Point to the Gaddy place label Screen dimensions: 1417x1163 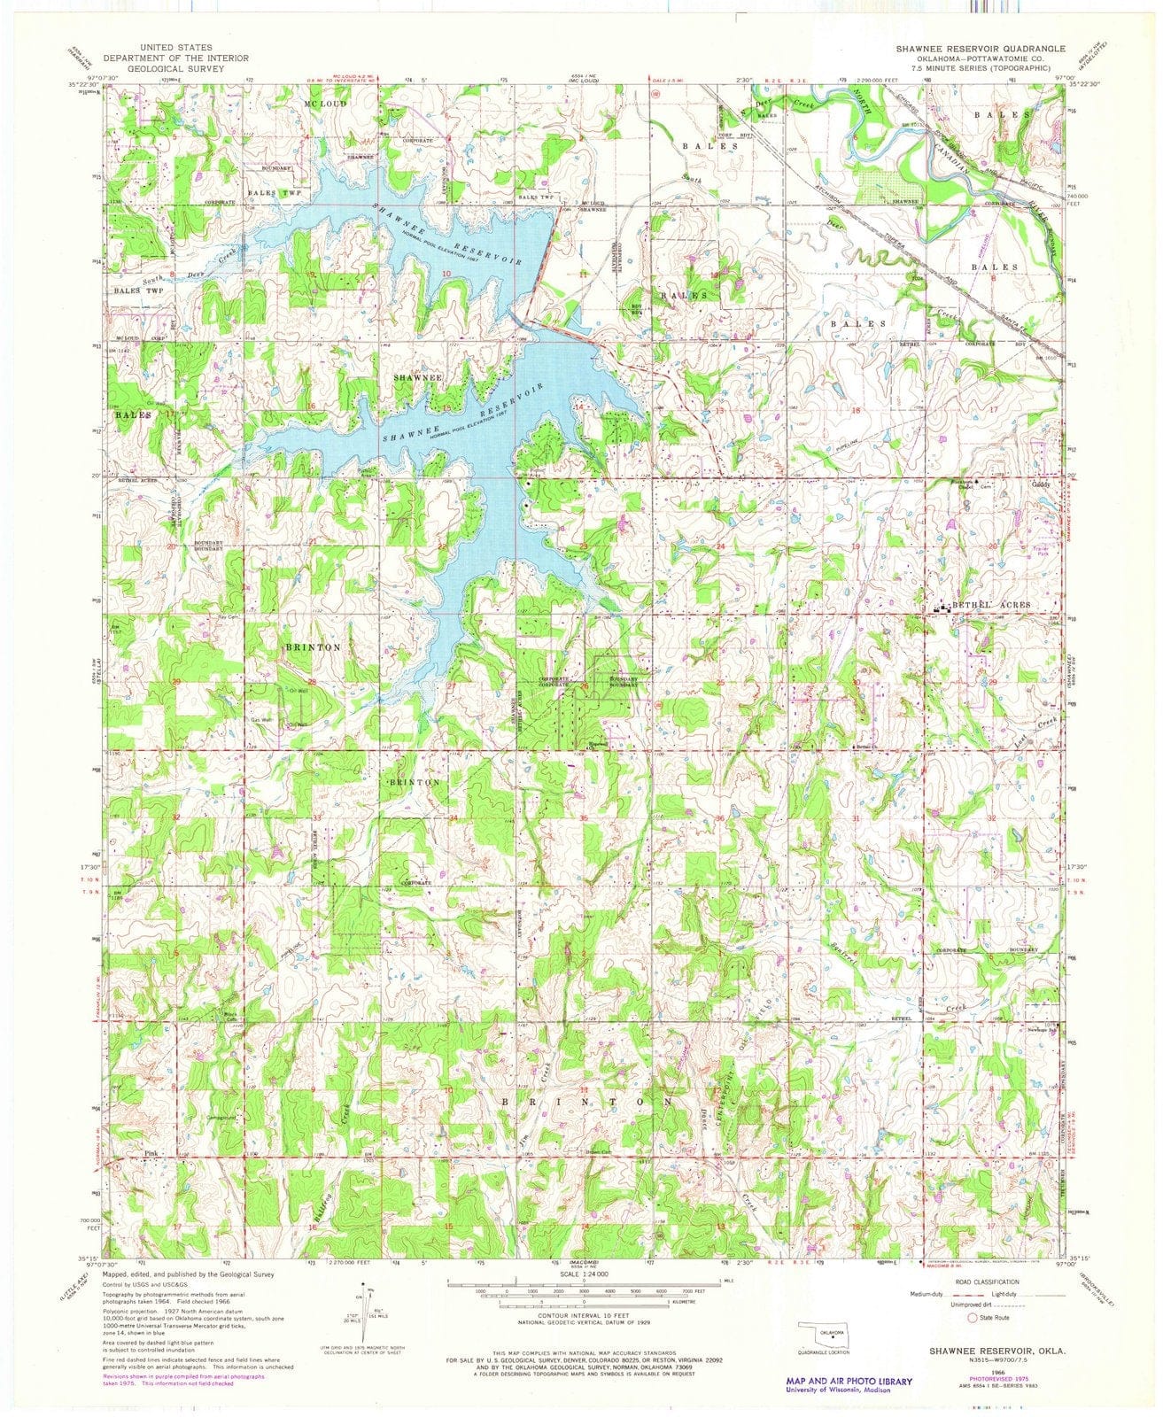pyautogui.click(x=1041, y=485)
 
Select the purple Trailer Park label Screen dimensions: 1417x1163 pyautogui.click(x=1051, y=538)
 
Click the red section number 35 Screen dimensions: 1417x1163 pyautogui.click(x=584, y=817)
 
